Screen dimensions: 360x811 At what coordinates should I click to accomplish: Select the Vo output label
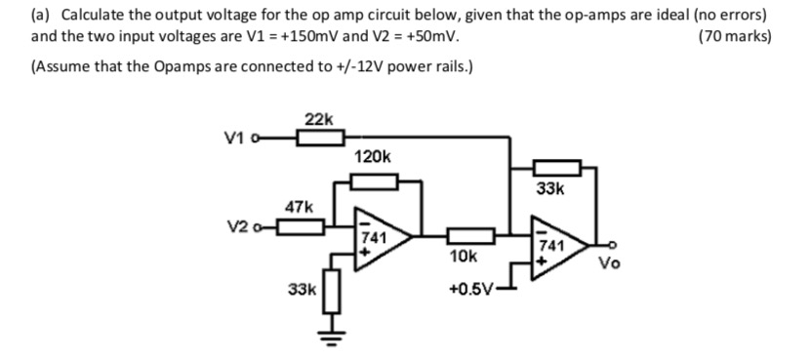click(x=607, y=264)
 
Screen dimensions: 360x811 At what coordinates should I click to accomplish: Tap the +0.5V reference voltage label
click(x=467, y=289)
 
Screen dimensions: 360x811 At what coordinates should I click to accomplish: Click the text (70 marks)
click(x=735, y=37)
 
